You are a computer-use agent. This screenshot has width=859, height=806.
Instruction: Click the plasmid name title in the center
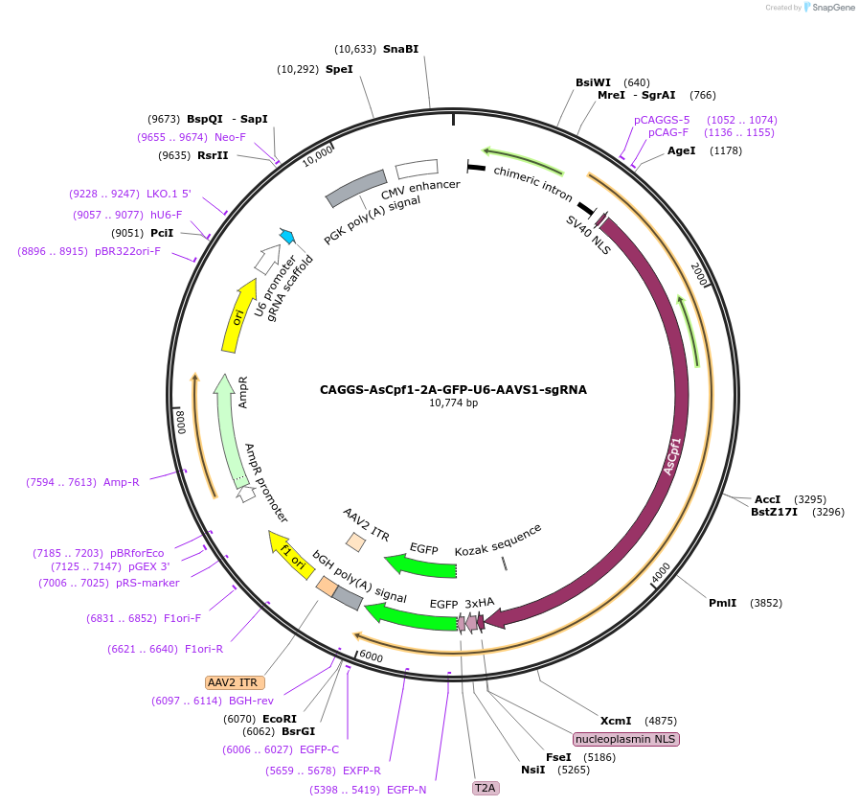453,390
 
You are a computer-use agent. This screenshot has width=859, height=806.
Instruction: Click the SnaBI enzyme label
400,49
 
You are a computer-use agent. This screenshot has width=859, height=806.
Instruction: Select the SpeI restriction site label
339,69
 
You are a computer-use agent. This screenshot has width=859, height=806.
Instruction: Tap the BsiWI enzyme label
593,82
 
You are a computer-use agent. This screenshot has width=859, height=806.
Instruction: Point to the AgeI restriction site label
682,150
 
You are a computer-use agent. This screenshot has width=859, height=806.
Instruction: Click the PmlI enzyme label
722,603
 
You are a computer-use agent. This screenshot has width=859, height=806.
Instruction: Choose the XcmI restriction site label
616,721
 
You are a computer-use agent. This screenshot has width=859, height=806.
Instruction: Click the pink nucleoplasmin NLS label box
626,739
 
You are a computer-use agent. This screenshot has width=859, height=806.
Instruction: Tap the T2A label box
486,788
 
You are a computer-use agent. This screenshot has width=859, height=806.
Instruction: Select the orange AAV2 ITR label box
234,682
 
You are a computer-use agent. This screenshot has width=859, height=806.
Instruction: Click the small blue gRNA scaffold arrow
286,235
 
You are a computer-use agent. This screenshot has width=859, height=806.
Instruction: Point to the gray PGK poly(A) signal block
355,189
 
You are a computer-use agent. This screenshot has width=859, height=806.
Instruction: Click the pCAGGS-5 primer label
662,120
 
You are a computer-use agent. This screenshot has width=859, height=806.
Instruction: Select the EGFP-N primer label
407,790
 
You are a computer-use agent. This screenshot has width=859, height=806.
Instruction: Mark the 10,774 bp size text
453,403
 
